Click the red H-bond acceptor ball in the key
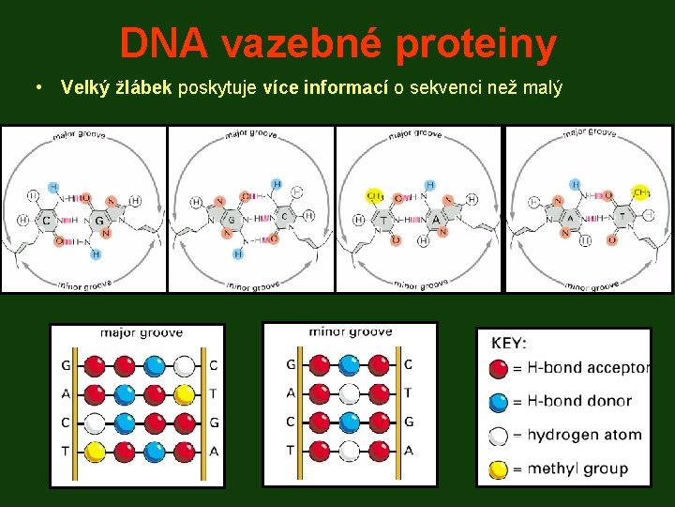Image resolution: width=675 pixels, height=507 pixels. [499, 367]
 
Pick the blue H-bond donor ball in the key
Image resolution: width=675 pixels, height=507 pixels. [499, 401]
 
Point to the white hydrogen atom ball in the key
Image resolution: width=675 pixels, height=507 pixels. [499, 435]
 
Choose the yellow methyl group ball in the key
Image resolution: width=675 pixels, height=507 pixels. [499, 469]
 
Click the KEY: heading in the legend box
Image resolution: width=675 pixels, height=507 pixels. [509, 344]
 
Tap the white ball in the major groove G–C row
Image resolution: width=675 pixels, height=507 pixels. [185, 365]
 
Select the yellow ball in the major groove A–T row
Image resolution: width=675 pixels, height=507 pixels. [185, 394]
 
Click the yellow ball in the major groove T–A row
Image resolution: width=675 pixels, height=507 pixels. [94, 452]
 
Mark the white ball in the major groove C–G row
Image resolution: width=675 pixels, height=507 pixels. [94, 422]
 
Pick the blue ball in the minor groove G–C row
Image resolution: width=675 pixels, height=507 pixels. [349, 364]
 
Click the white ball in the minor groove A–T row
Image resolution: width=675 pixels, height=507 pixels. [349, 393]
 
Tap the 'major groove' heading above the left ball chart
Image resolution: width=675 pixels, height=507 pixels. [142, 333]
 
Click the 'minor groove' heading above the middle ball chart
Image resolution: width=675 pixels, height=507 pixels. [351, 331]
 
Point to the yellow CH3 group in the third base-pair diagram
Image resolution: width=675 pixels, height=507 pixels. [373, 196]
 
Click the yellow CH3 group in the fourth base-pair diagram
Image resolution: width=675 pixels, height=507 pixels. [641, 192]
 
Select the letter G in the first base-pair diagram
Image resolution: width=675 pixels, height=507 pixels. [99, 222]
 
